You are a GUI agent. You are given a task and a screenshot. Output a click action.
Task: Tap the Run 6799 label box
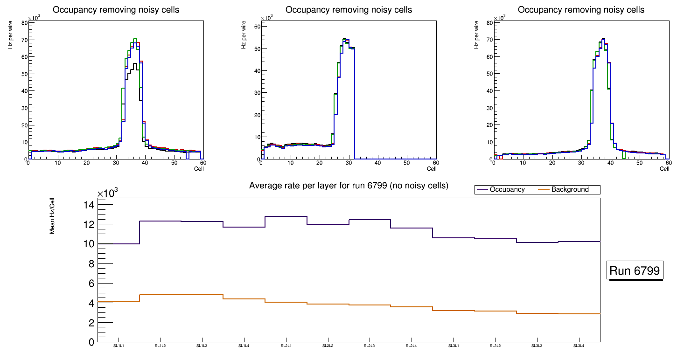point(635,271)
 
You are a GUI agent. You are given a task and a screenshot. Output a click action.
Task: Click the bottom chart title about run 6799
point(349,186)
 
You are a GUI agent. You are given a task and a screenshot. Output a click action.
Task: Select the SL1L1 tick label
point(119,346)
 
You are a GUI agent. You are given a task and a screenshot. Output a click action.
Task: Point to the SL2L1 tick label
point(286,346)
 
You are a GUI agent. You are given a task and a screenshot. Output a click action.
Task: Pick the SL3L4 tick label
point(579,346)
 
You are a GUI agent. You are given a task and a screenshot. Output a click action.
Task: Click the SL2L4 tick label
point(411,346)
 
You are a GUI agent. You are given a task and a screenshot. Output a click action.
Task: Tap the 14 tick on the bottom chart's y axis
point(89,205)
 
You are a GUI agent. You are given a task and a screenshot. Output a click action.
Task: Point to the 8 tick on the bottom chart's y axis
point(91,263)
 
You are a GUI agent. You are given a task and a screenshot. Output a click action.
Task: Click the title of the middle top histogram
point(349,10)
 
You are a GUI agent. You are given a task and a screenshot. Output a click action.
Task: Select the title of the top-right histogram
point(581,10)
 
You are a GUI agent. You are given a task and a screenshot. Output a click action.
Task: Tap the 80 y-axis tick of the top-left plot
point(23,22)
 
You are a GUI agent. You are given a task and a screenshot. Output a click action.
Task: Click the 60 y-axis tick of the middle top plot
point(256,27)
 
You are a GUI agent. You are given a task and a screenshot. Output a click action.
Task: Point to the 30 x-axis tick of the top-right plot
point(581,163)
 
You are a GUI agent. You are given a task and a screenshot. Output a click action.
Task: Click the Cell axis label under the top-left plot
point(199,168)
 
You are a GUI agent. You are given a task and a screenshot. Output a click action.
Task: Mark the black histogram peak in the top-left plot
point(135,63)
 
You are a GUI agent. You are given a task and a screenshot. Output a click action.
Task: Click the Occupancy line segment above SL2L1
point(286,216)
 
